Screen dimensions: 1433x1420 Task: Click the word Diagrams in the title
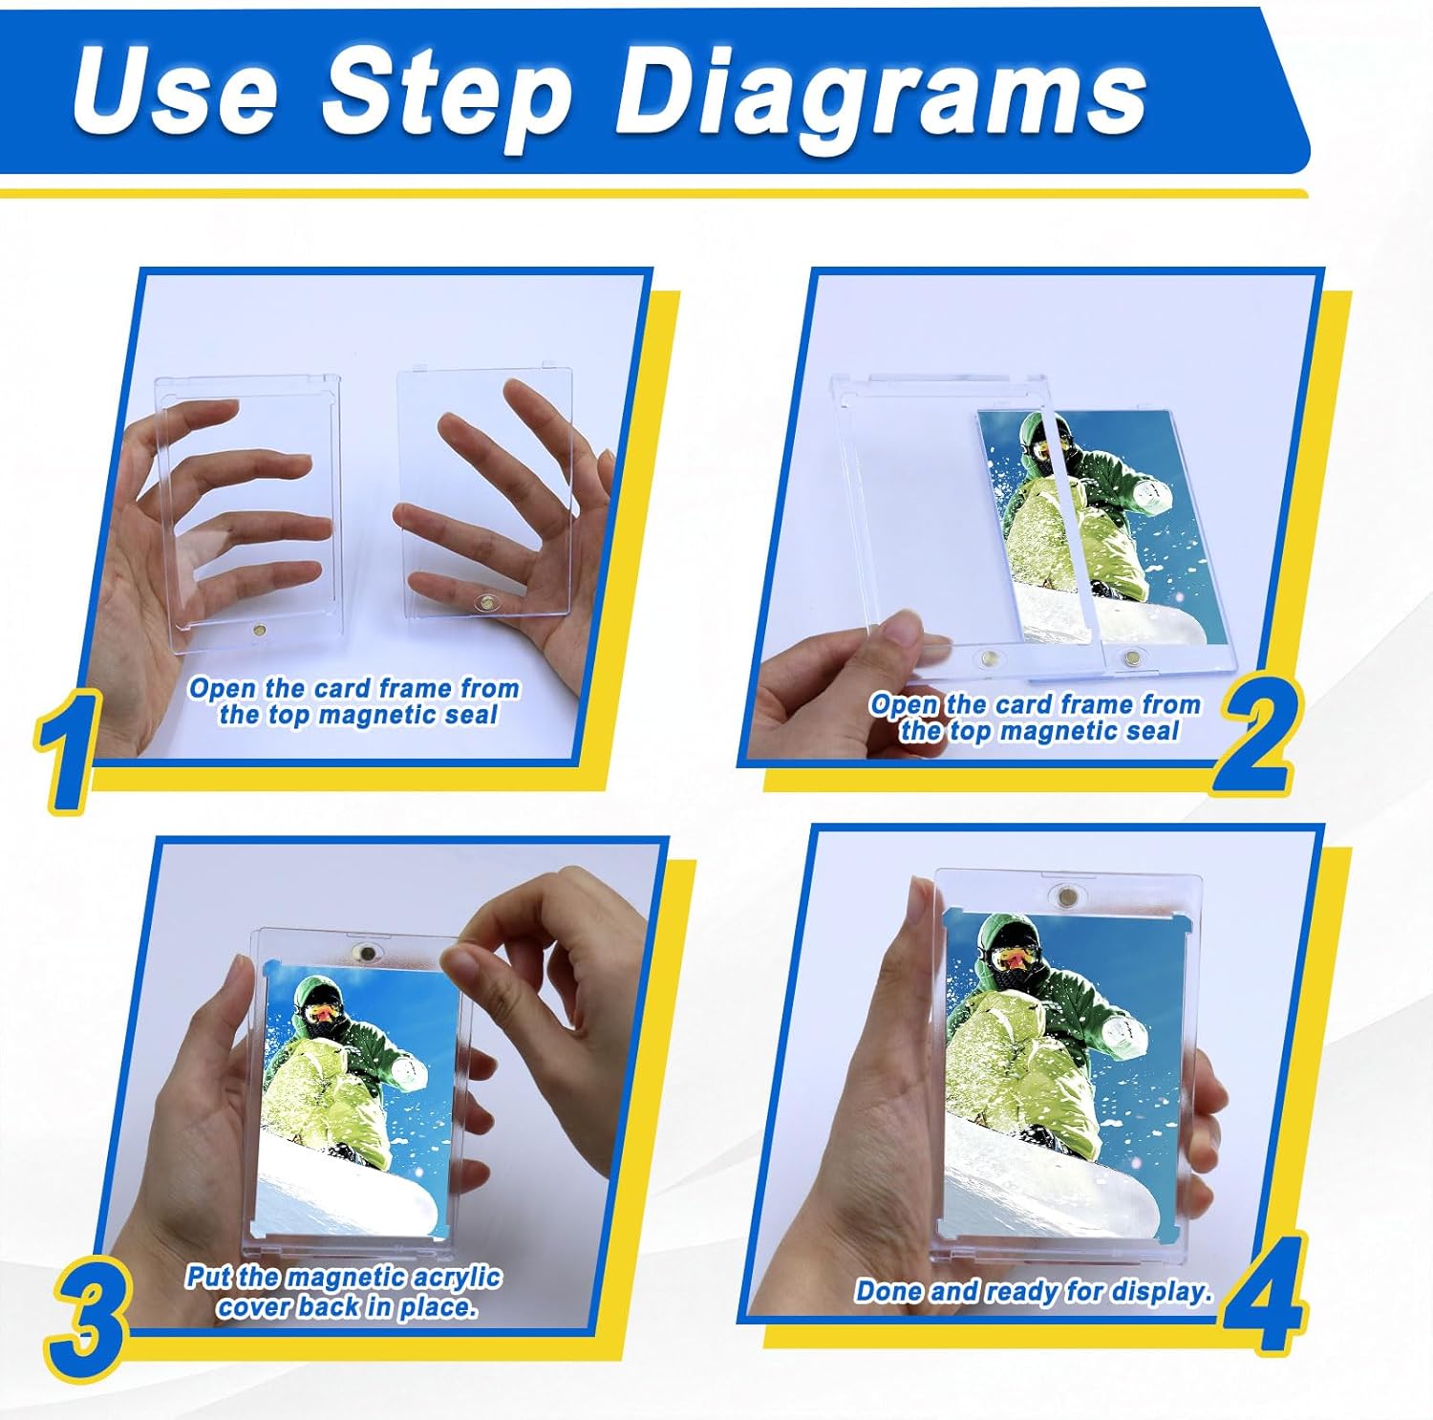click(x=881, y=94)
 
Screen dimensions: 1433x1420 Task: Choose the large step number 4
click(x=1263, y=1294)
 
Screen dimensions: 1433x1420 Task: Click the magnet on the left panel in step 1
click(x=259, y=632)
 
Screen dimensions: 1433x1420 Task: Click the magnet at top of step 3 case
click(x=363, y=952)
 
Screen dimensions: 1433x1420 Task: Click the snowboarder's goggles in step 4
click(x=1015, y=956)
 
